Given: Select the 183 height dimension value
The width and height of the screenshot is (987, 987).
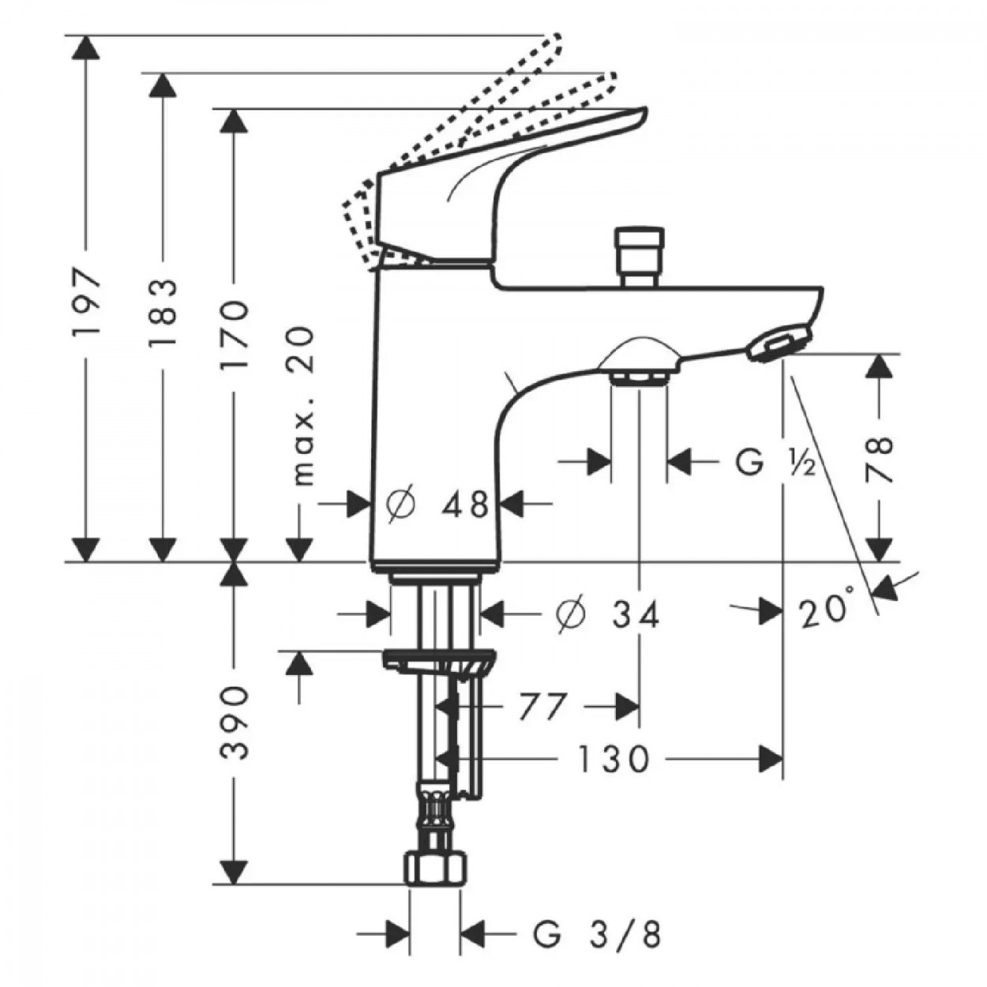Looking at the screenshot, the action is coord(162,313).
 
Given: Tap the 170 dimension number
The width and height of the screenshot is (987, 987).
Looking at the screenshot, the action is coord(235,335).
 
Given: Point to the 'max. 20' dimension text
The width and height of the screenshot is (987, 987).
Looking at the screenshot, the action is coord(303,406).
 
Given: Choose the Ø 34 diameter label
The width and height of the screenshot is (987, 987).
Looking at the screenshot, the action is coord(608,614).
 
